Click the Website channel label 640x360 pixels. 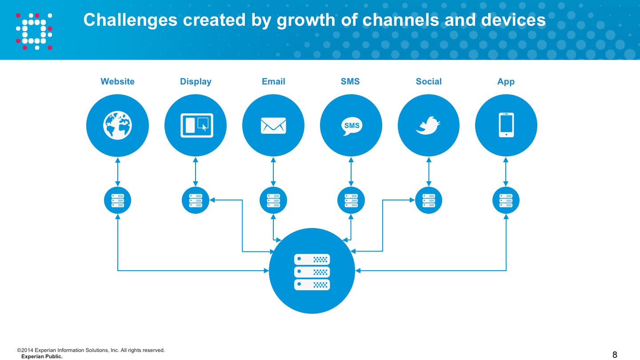[x=117, y=81]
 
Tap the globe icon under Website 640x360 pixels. [x=117, y=125]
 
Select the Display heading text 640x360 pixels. [x=196, y=82]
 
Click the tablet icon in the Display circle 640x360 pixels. [x=196, y=125]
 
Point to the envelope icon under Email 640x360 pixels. [x=273, y=125]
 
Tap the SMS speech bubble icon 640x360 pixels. [x=352, y=126]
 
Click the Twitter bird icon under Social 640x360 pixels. [x=428, y=125]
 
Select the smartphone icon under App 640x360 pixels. [x=506, y=125]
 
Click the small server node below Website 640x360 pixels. [x=117, y=200]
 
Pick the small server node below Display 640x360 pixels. [x=196, y=200]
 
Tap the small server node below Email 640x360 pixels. [x=273, y=200]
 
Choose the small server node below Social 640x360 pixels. [x=428, y=200]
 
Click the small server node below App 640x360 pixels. [x=506, y=200]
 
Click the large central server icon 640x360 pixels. [x=312, y=272]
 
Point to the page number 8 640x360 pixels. [x=615, y=355]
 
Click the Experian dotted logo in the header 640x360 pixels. [x=34, y=32]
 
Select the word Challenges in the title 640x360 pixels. [x=130, y=20]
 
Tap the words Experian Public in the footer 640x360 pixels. [x=42, y=356]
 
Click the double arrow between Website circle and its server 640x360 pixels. [x=117, y=172]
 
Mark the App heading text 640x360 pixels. [x=506, y=82]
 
